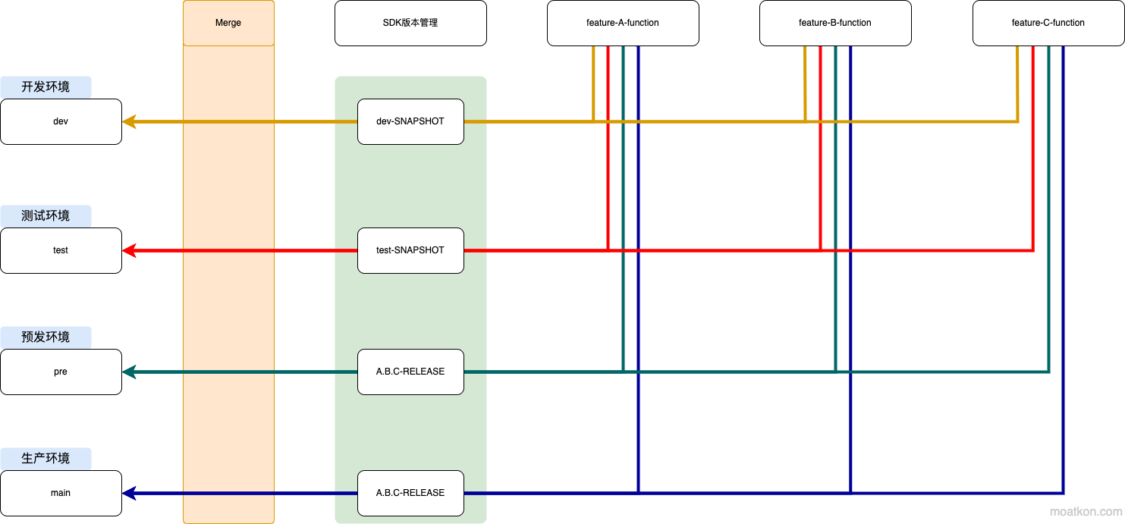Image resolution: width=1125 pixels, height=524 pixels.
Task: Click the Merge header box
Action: [228, 23]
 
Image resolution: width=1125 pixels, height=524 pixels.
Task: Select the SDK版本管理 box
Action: [410, 23]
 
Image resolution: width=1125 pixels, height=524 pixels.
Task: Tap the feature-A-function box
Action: [623, 23]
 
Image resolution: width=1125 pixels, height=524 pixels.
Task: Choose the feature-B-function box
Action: [835, 23]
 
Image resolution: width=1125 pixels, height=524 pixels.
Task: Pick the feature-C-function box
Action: [1048, 23]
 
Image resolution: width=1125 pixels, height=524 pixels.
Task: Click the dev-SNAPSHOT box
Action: [410, 121]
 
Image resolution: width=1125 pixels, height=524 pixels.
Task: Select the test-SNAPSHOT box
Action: [410, 250]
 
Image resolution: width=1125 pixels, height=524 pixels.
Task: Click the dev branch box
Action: [61, 121]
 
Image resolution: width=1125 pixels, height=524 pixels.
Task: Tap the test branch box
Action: [61, 250]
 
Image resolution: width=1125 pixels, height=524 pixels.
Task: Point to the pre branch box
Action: [61, 372]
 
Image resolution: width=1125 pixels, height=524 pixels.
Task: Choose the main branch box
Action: [61, 493]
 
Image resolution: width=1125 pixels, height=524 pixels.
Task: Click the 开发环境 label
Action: [46, 87]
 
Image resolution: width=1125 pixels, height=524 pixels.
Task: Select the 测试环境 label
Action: [46, 216]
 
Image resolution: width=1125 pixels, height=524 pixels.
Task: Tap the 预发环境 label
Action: [46, 337]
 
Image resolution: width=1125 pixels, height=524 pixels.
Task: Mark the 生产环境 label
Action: [46, 459]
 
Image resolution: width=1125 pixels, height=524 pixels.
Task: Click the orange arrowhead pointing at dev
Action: [129, 121]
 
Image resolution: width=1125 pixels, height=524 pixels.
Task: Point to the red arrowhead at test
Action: [129, 250]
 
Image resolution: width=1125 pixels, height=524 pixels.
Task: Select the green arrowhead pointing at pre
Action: [129, 372]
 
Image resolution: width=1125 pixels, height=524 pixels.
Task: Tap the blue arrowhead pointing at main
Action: [129, 493]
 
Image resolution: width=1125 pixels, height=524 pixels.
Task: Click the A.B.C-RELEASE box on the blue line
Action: [410, 493]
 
